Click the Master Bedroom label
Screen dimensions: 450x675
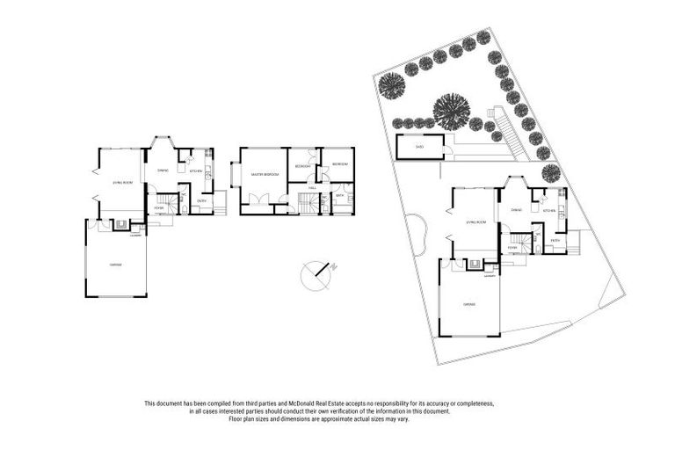[x=265, y=175]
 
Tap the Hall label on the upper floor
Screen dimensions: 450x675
[x=313, y=188]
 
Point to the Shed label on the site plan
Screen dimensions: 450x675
[x=419, y=147]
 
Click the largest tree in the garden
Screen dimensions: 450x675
[x=453, y=112]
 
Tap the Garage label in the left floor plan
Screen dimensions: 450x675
[x=115, y=265]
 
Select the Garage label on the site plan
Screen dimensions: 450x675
[x=469, y=305]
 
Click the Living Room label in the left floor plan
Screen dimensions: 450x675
[x=122, y=182]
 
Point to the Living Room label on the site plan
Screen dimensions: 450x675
[x=475, y=223]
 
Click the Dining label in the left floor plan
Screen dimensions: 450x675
[x=163, y=170]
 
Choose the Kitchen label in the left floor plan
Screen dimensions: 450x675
[x=196, y=171]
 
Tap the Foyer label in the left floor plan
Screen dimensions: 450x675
[x=159, y=208]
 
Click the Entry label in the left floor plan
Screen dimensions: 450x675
[x=201, y=200]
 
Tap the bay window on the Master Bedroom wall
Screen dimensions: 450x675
[x=233, y=174]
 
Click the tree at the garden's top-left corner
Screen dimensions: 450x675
[x=392, y=85]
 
